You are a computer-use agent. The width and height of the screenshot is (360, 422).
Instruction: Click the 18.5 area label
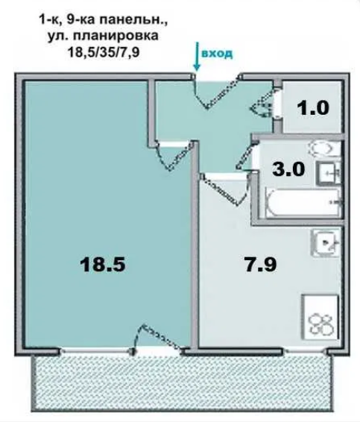(x=103, y=265)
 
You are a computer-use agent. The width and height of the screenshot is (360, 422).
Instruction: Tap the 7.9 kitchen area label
(x=261, y=264)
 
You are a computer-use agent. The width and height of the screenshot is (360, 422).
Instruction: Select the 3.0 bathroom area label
(x=288, y=169)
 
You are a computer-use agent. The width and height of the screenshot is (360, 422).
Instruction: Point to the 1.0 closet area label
(x=313, y=107)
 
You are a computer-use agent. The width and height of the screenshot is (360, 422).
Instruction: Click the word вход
(x=217, y=54)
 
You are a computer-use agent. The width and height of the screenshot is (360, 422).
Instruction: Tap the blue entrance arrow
(x=197, y=57)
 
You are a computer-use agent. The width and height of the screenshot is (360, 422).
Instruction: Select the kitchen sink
(x=325, y=243)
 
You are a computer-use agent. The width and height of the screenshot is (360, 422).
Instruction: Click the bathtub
(x=303, y=202)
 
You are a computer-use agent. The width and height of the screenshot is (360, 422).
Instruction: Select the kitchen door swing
(x=224, y=189)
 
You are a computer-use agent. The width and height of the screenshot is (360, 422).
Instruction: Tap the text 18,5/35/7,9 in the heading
(x=104, y=52)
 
